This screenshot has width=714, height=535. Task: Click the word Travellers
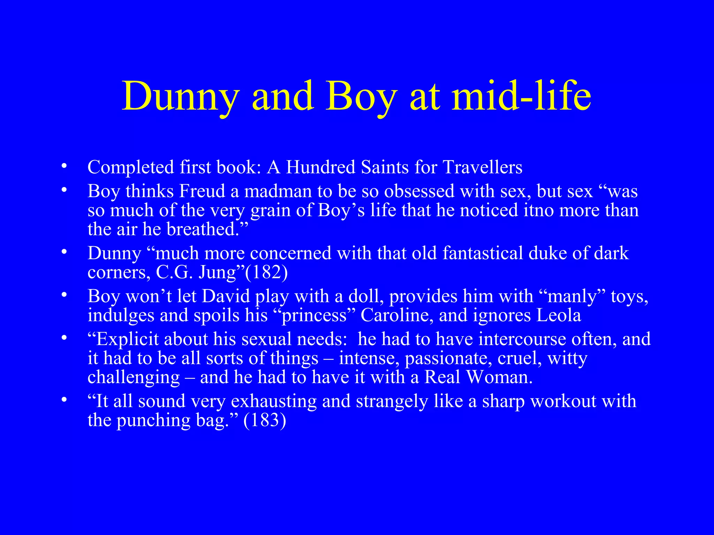pos(483,167)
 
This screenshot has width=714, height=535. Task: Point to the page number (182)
pos(267,272)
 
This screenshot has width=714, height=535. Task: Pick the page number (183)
pos(265,420)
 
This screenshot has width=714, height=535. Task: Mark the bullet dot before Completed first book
pos(63,166)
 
